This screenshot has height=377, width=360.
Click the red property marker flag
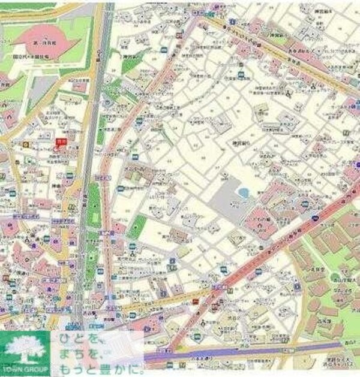[x=59, y=141]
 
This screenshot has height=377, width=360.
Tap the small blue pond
[x=243, y=193]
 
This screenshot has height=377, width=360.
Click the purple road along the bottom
[x=252, y=354]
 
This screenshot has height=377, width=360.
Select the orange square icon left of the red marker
[x=25, y=144]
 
